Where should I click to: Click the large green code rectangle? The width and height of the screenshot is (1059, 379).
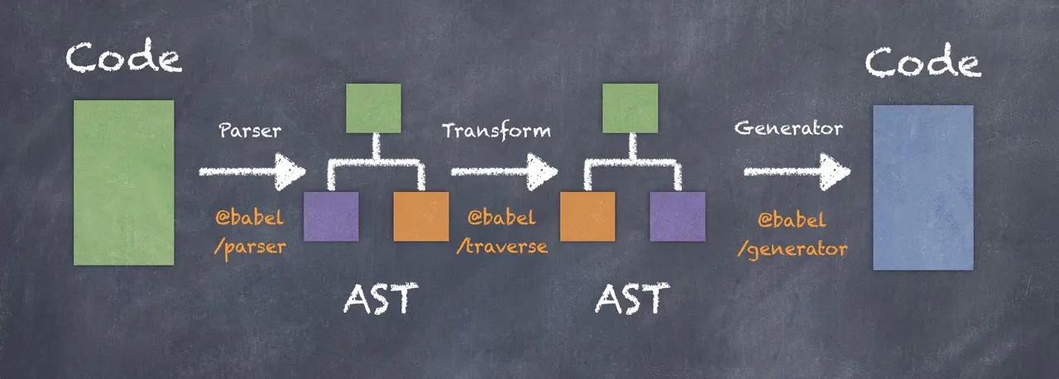pyautogui.click(x=124, y=182)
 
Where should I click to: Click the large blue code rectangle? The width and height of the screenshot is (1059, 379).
pyautogui.click(x=923, y=187)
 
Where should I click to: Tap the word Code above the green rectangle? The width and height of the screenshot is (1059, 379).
pyautogui.click(x=124, y=60)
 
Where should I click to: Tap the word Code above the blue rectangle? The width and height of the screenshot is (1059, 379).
pyautogui.click(x=922, y=63)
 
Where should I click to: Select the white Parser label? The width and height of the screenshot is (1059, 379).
pyautogui.click(x=249, y=131)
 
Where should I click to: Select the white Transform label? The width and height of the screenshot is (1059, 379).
pyautogui.click(x=496, y=131)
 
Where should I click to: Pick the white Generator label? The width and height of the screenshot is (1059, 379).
pyautogui.click(x=788, y=129)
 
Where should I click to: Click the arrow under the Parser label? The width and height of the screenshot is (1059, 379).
pyautogui.click(x=252, y=172)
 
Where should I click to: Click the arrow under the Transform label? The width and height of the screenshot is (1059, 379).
pyautogui.click(x=503, y=172)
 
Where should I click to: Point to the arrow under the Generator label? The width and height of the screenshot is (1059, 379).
pyautogui.click(x=796, y=172)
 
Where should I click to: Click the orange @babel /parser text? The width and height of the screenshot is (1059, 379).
pyautogui.click(x=250, y=233)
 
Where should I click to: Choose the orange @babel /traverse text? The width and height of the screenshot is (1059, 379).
pyautogui.click(x=502, y=233)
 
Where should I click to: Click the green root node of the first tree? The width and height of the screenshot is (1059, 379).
pyautogui.click(x=374, y=108)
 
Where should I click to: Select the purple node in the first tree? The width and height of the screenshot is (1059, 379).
pyautogui.click(x=331, y=216)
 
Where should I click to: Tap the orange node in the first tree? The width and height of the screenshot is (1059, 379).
pyautogui.click(x=421, y=216)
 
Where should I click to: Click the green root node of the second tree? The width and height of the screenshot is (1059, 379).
pyautogui.click(x=630, y=108)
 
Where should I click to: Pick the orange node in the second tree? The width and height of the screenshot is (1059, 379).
pyautogui.click(x=587, y=216)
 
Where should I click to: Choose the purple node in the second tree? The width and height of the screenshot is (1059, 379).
pyautogui.click(x=678, y=216)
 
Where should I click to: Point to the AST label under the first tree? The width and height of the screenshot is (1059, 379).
pyautogui.click(x=376, y=300)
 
